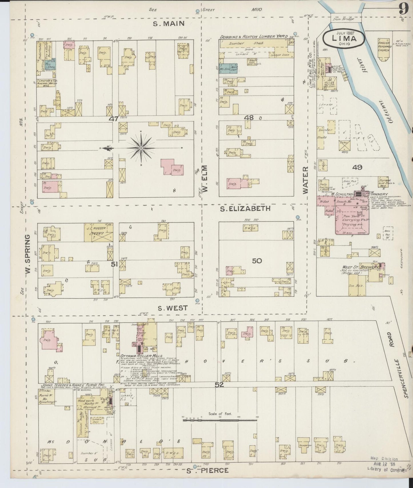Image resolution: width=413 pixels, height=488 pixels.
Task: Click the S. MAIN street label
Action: click(169, 24)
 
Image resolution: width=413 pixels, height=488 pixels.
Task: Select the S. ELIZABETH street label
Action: click(245, 209)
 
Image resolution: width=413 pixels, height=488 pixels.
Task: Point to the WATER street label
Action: click(306, 181)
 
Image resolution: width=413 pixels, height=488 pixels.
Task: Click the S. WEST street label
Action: click(173, 308)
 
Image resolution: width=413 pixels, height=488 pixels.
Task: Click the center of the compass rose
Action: click(141, 148)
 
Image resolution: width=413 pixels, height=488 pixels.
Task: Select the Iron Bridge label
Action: click(345, 19)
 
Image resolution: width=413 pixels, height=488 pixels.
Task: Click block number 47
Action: click(113, 119)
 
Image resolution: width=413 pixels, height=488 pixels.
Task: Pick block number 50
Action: click(257, 261)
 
